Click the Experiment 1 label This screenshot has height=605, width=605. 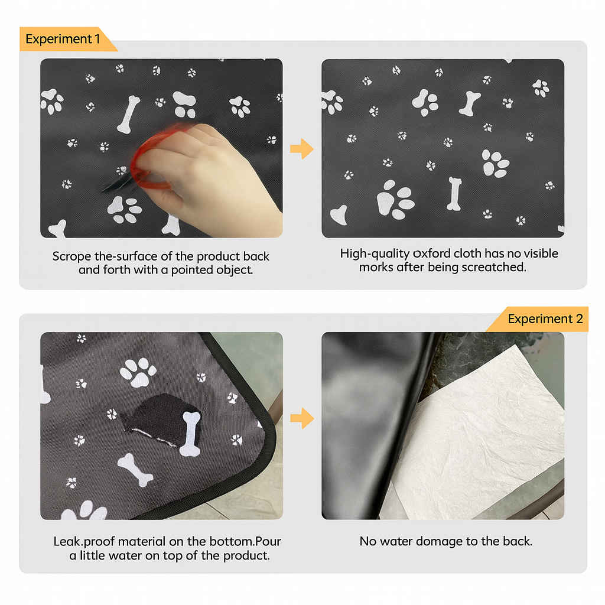(63, 40)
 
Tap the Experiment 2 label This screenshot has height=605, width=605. (541, 319)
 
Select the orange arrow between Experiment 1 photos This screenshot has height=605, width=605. (302, 149)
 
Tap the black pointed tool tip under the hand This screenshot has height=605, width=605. (112, 186)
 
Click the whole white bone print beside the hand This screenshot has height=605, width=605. (128, 115)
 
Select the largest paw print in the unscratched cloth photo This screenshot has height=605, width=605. (395, 200)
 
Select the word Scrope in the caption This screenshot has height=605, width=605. (70, 257)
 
